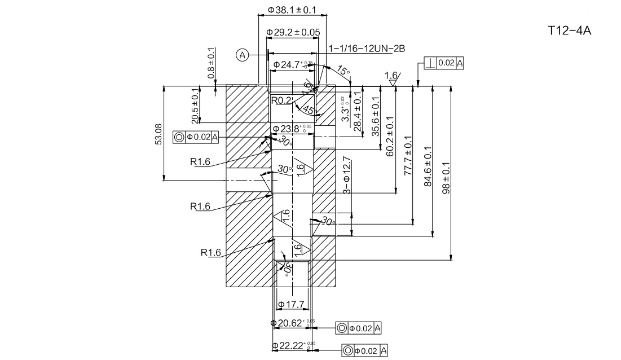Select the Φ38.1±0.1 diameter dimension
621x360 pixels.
(x=292, y=10)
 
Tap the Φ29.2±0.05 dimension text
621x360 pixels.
(x=293, y=32)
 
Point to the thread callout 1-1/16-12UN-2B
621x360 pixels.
(x=367, y=49)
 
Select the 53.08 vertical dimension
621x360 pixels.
(x=158, y=134)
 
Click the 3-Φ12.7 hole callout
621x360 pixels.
(x=346, y=176)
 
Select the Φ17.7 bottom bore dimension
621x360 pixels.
(x=290, y=305)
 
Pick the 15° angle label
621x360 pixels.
(x=343, y=71)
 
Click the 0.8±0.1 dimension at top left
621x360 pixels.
(x=212, y=63)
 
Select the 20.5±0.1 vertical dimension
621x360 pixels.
(x=195, y=106)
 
